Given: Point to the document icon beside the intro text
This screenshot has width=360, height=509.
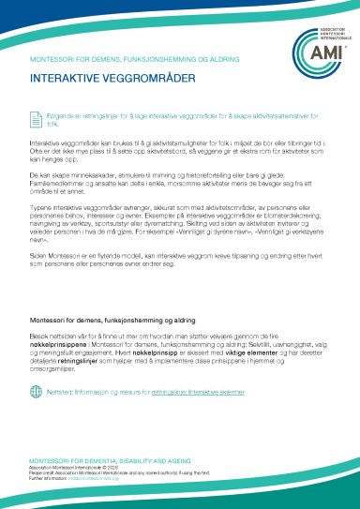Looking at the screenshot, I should [38, 117].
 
